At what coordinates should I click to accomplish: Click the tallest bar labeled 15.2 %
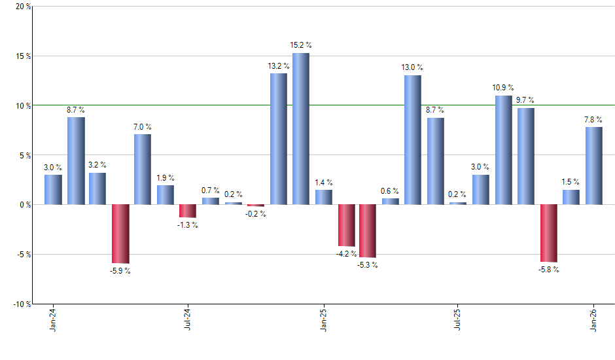(x=301, y=129)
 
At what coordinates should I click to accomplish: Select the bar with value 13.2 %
(x=279, y=139)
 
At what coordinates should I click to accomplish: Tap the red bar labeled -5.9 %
(x=120, y=234)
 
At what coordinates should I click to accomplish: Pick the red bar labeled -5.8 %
(x=548, y=233)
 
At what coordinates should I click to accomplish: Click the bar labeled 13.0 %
(x=412, y=140)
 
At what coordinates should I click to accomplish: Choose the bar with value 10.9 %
(x=503, y=150)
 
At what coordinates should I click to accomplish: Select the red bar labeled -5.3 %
(x=368, y=230)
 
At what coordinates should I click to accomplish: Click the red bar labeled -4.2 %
(x=346, y=225)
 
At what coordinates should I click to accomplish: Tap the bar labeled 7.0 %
(x=143, y=169)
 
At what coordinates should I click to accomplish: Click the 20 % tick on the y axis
(x=22, y=7)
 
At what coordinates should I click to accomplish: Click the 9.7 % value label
(x=525, y=100)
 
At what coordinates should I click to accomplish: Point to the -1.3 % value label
(x=188, y=225)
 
